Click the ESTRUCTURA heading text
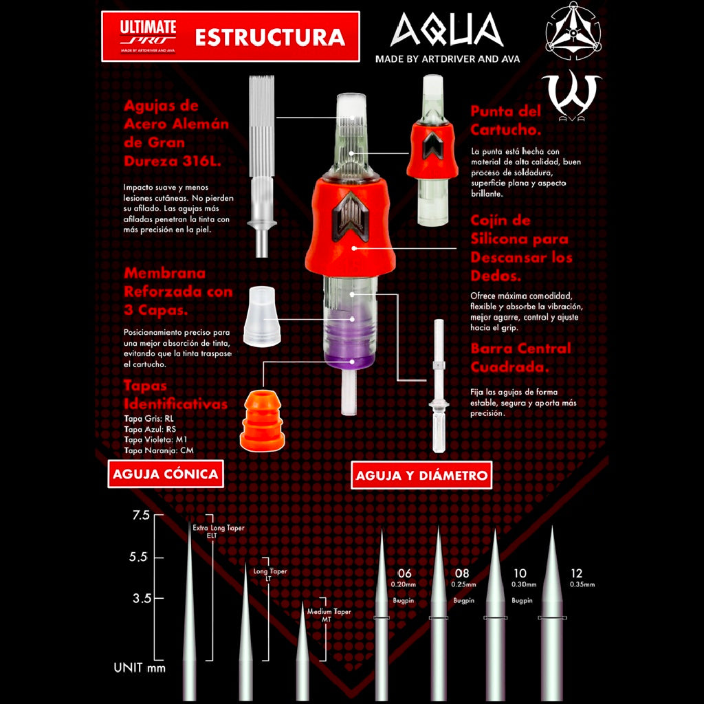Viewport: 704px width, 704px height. [x=269, y=37]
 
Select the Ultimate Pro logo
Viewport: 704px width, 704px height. [x=148, y=36]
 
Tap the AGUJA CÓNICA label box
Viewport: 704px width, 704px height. [x=165, y=474]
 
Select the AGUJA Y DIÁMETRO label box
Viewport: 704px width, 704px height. [x=421, y=474]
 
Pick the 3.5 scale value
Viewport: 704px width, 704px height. [x=142, y=598]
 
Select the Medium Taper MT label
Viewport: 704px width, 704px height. [x=329, y=615]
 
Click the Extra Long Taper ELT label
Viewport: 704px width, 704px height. [x=219, y=531]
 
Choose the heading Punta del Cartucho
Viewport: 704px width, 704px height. [x=505, y=120]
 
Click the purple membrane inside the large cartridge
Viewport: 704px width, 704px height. [x=351, y=340]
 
